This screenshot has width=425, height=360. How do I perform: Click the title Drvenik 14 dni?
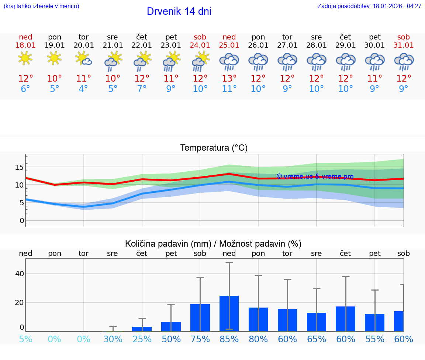point(179,11)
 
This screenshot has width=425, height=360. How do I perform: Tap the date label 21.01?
point(113,45)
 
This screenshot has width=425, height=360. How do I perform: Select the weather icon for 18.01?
point(25,58)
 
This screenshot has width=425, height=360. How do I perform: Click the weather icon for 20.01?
point(84,58)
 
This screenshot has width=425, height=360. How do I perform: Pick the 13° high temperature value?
point(229,79)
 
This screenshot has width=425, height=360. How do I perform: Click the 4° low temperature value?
point(84,89)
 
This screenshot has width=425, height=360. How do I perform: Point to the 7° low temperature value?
point(142,89)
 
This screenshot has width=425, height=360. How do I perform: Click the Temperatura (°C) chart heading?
point(214,148)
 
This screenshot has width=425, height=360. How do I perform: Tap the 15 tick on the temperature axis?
point(19,168)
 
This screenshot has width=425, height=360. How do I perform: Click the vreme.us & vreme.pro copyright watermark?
point(315,176)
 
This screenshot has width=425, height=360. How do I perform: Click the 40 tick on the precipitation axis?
point(19,274)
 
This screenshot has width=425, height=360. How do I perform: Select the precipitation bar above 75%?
point(200,318)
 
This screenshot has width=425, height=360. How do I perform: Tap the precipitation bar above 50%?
point(171,326)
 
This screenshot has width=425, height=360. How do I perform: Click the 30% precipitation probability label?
point(113,339)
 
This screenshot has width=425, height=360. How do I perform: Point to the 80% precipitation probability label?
point(258,339)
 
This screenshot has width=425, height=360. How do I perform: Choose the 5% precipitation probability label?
point(25,339)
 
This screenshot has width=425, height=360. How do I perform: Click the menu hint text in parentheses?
point(41,6)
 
